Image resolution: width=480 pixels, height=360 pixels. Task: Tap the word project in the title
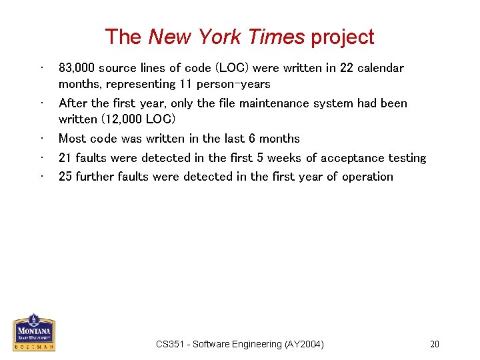tap(341, 38)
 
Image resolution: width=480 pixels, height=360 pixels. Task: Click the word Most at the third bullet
tap(71, 139)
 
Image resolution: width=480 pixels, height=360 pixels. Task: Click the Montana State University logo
tap(34, 332)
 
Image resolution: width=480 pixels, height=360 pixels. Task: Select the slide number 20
tap(435, 345)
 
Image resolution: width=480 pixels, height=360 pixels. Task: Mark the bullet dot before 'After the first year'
tap(42, 103)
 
